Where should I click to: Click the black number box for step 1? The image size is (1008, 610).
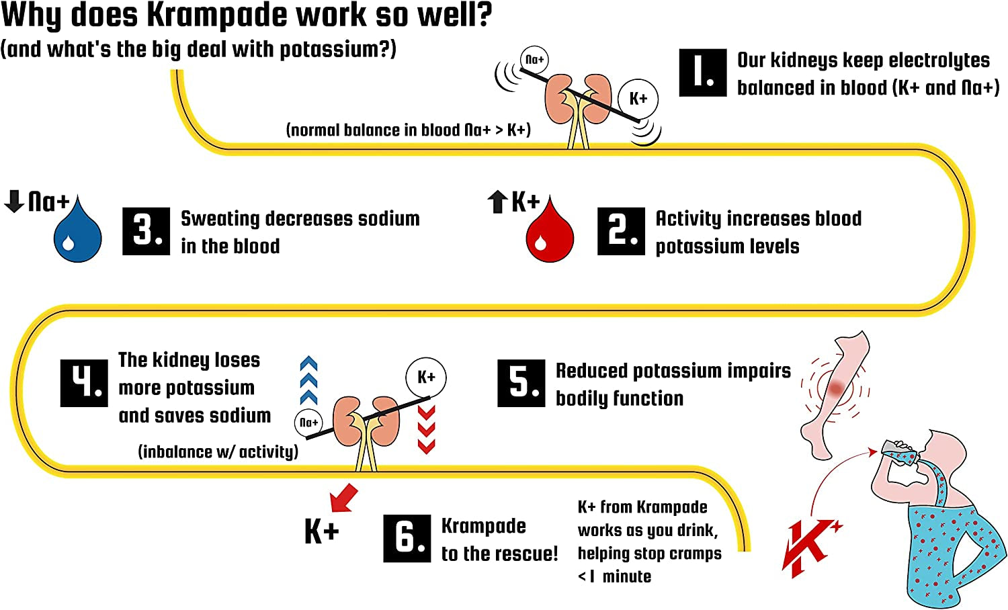[x=702, y=73]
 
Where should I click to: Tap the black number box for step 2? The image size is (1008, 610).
[x=621, y=231]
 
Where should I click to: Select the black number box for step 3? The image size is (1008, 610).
[x=146, y=231]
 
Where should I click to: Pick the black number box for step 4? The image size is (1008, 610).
[x=84, y=383]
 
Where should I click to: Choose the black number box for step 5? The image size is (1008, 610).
[x=521, y=383]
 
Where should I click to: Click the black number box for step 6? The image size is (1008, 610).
[x=407, y=538]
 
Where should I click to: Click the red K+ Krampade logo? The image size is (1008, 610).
[x=810, y=546]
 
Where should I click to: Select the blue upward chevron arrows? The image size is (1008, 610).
[x=308, y=380]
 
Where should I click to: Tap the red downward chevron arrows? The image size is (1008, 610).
[x=426, y=429]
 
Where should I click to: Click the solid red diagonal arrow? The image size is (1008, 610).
[x=344, y=498]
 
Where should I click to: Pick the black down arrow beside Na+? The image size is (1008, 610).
[x=14, y=201]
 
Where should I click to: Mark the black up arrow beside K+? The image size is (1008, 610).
[x=497, y=202]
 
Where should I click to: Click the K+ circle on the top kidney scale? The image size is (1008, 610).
[x=638, y=99]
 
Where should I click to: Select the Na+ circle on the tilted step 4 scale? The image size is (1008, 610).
[x=308, y=423]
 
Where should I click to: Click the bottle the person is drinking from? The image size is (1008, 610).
[x=901, y=452]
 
